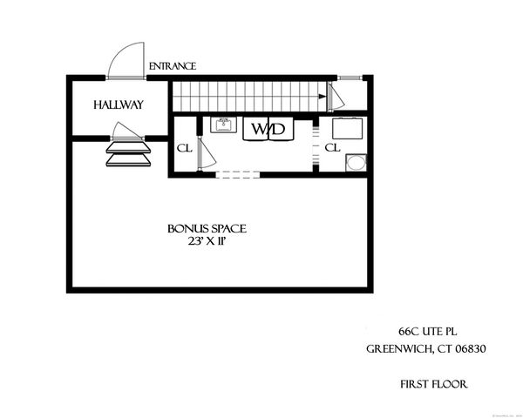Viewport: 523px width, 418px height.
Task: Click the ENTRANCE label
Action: point(173,66)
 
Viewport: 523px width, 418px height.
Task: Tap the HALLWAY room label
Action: point(119,105)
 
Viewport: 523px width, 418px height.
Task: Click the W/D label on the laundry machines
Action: point(268,130)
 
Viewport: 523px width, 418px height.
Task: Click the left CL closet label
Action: point(184,148)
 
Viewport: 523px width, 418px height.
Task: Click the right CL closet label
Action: point(332,148)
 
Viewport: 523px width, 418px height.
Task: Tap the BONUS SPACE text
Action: point(207,228)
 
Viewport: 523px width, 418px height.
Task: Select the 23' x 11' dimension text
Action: point(207,241)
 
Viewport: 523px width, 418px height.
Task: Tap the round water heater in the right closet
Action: point(357,164)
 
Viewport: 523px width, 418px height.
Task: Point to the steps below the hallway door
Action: point(127,154)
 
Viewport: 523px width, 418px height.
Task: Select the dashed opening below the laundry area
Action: point(237,174)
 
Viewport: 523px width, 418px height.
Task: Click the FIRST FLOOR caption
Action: point(432,382)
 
